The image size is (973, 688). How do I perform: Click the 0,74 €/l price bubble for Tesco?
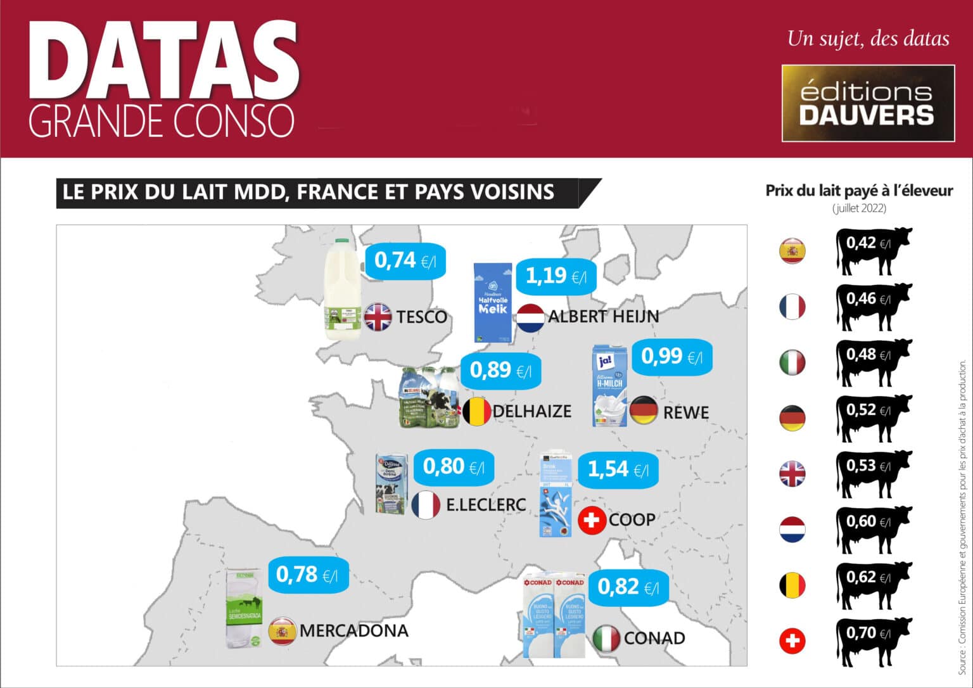click(405, 260)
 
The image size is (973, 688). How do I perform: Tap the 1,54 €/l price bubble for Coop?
click(618, 469)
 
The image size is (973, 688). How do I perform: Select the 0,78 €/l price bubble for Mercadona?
click(307, 575)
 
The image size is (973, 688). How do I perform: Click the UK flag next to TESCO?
click(378, 317)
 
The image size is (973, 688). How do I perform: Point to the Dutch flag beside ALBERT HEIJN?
click(530, 318)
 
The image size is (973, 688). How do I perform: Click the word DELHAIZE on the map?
click(531, 411)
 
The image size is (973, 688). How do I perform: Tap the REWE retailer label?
click(685, 412)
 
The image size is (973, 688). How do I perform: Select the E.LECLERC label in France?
click(486, 504)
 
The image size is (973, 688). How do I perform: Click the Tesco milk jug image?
click(342, 288)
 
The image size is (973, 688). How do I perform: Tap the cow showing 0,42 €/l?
click(875, 251)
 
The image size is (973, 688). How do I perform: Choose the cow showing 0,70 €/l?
click(875, 641)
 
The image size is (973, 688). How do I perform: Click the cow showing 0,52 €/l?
click(875, 418)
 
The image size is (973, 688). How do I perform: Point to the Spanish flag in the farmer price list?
click(792, 251)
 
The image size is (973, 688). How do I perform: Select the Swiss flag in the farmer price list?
click(792, 641)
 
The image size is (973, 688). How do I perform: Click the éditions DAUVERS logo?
click(868, 103)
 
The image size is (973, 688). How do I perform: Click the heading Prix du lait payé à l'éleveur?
click(859, 191)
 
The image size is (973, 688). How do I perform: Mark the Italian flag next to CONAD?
click(606, 639)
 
